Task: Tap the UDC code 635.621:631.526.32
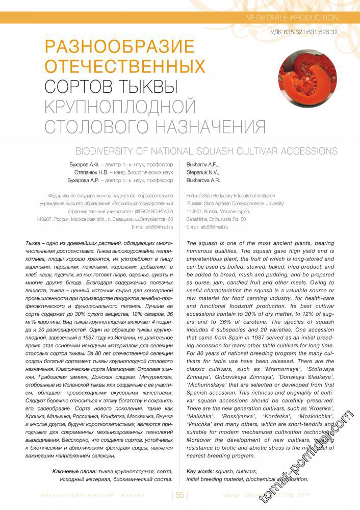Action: click(x=303, y=32)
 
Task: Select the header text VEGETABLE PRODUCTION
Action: click(x=292, y=18)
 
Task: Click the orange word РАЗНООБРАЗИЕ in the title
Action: click(x=120, y=47)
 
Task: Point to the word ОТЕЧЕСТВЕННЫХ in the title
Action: click(x=125, y=67)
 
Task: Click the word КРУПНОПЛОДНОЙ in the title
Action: click(x=121, y=107)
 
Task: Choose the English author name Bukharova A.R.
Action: click(x=203, y=181)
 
